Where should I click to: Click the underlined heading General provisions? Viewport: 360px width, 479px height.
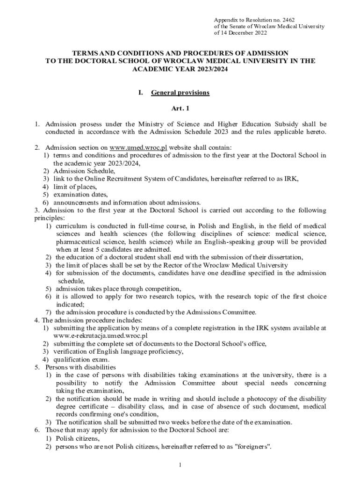click(x=180, y=93)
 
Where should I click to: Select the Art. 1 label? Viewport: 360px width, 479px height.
click(x=180, y=109)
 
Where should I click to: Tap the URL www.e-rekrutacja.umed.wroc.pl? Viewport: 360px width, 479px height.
click(x=101, y=336)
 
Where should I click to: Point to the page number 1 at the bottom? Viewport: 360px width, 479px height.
click(x=180, y=466)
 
